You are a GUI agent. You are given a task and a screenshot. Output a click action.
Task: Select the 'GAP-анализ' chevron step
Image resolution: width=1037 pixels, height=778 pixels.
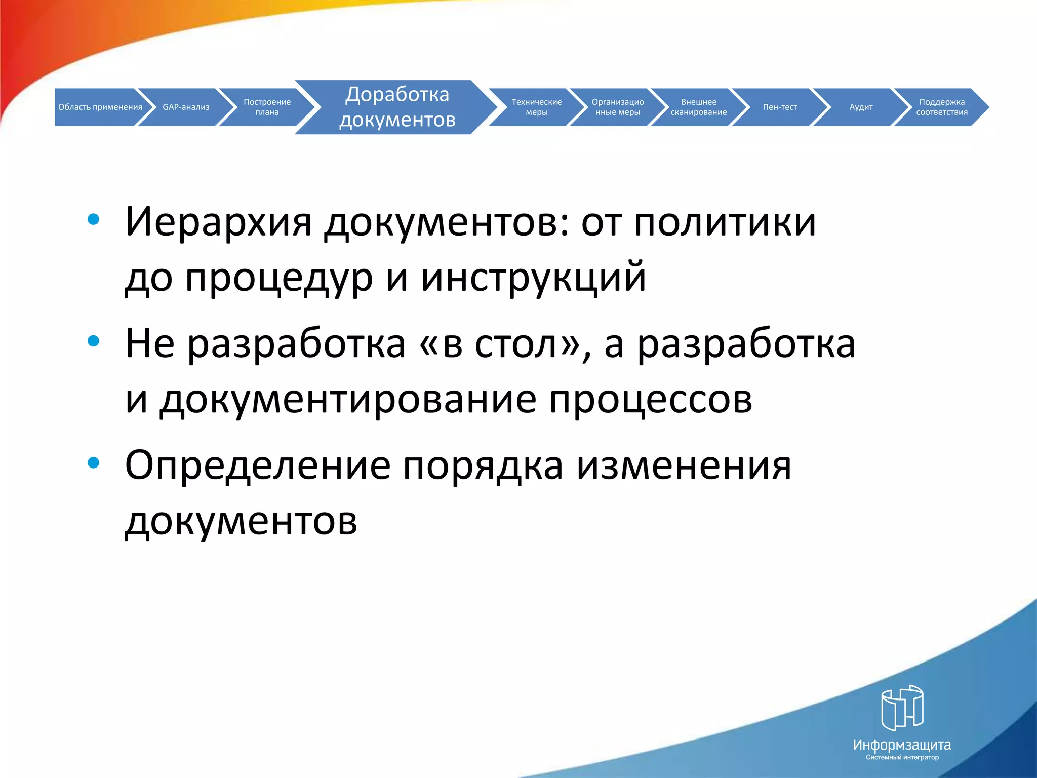click(x=186, y=107)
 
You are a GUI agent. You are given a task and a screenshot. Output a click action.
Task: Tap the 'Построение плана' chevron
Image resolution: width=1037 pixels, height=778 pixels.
click(x=267, y=107)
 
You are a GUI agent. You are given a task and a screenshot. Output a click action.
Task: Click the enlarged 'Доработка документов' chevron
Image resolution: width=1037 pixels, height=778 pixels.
click(x=397, y=107)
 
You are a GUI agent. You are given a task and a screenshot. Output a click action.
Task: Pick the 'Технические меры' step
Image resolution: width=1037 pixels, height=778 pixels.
click(x=536, y=107)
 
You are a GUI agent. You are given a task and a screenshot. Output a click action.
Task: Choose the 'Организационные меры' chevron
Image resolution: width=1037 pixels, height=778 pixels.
click(x=617, y=107)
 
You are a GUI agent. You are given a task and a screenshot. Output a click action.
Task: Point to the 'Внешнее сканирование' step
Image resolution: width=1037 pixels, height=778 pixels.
click(x=698, y=107)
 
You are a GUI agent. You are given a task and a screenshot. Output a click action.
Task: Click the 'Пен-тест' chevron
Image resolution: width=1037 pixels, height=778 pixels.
click(x=779, y=107)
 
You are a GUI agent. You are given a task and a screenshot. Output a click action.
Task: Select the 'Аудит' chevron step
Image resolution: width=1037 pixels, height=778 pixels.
click(x=861, y=107)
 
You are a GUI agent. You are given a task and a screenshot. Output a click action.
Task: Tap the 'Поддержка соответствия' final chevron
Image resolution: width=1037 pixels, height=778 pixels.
click(x=941, y=107)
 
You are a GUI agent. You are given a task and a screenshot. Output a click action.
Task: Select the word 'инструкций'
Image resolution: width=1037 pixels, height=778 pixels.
click(x=533, y=278)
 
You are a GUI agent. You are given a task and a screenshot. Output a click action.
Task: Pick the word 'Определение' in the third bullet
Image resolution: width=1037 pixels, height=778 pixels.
click(x=257, y=465)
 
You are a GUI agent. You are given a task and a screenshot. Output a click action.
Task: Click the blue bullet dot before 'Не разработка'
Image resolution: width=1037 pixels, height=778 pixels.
click(x=94, y=341)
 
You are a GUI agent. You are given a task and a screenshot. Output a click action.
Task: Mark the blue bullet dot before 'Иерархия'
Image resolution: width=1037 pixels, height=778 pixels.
click(x=94, y=219)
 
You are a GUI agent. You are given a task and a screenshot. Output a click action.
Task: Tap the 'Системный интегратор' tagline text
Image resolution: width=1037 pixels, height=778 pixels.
click(x=902, y=757)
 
